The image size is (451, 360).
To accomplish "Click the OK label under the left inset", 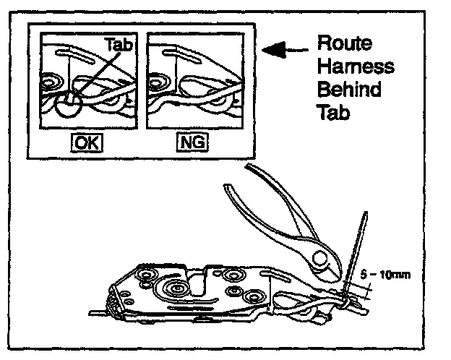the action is pos(85,143).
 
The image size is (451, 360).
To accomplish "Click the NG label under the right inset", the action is pos(192,143).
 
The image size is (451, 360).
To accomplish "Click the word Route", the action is pos(345,43).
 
